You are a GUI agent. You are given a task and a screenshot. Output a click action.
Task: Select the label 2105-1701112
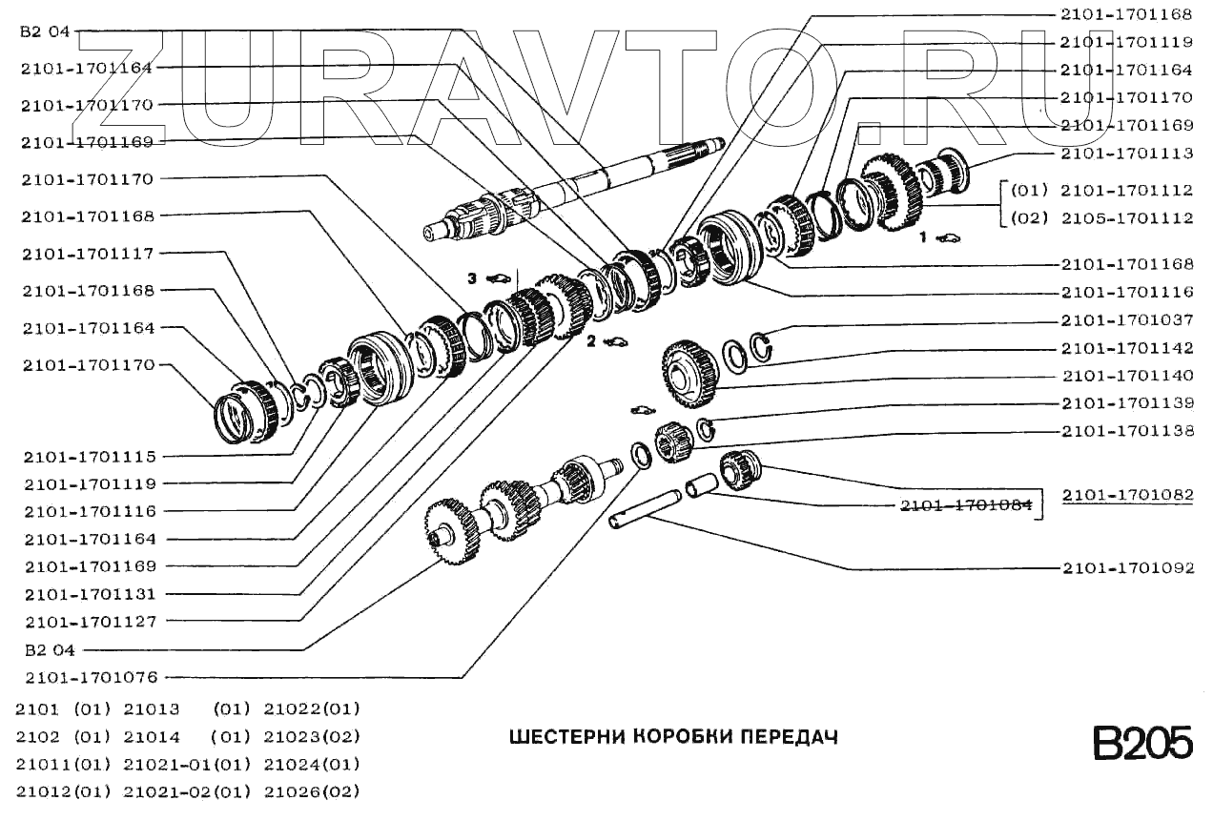1126,217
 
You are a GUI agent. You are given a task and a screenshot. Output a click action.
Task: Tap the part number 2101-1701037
1126,320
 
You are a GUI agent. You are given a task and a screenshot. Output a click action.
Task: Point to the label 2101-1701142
1126,348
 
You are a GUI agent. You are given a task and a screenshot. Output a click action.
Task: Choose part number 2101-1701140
1126,376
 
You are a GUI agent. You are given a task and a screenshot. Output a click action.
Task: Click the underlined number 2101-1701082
1126,495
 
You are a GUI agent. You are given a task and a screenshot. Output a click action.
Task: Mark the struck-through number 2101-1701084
966,505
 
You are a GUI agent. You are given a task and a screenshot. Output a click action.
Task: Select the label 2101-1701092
1126,568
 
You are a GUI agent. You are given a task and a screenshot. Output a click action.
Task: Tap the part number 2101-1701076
91,677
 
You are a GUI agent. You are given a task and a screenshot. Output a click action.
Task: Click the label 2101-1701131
91,594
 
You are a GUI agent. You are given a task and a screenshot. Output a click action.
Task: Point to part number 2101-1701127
91,622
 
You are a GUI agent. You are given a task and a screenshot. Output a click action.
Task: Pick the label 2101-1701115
91,456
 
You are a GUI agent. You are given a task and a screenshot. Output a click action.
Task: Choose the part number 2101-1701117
91,253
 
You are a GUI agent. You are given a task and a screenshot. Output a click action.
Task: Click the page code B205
1141,743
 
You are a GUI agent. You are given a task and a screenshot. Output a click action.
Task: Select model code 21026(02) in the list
312,791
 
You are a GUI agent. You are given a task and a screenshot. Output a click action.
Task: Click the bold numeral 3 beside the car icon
471,277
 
